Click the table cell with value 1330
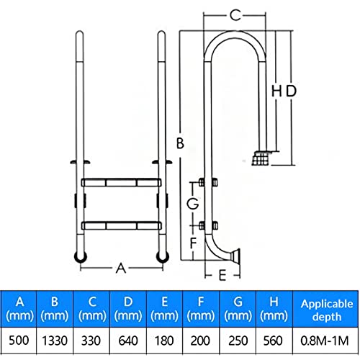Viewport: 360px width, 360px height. [55, 341]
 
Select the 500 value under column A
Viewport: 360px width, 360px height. [19, 341]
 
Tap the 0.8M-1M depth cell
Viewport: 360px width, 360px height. [325, 341]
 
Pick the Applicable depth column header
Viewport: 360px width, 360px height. [326, 310]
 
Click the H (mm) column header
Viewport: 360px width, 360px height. [274, 309]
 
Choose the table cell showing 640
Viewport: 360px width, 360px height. [128, 341]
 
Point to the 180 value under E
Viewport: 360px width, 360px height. [164, 341]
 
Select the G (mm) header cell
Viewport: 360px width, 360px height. [238, 309]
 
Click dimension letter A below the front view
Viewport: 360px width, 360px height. [121, 268]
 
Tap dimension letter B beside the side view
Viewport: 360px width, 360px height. [180, 143]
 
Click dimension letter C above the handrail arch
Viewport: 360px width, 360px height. [235, 15]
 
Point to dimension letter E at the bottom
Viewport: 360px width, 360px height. [222, 275]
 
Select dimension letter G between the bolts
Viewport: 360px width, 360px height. [193, 204]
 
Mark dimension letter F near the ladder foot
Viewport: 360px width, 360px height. [193, 243]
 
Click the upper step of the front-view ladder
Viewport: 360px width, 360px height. [121, 183]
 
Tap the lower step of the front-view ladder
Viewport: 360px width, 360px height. [121, 226]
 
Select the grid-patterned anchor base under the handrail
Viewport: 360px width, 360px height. [260, 158]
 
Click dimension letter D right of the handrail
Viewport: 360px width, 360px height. [291, 91]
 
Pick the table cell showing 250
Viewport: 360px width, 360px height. [238, 341]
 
